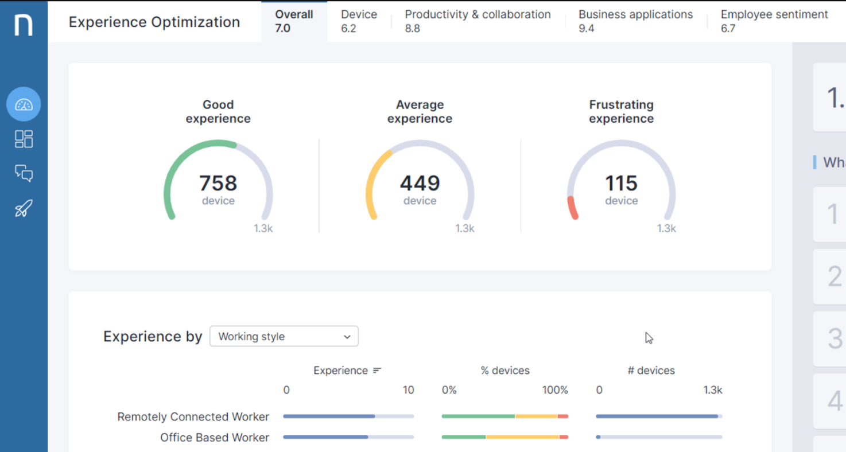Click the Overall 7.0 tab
coord(294,21)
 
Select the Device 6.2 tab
coord(359,21)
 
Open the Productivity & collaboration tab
coord(478,21)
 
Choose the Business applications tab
coord(635,21)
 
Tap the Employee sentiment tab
coord(774,21)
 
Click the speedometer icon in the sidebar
coord(24,104)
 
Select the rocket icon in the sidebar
coord(24,208)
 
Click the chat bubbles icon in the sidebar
coord(24,174)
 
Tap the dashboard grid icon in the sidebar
coord(24,139)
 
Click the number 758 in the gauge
coord(218,184)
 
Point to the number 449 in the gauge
coord(420,184)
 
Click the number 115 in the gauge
coord(621,184)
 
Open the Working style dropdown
coord(284,336)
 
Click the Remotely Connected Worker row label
coord(193,416)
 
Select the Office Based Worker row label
coord(215,437)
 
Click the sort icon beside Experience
coord(377,371)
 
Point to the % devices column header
coord(505,371)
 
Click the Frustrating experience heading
coord(621,111)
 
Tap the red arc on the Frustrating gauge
coord(572,208)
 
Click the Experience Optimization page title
coord(154,22)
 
